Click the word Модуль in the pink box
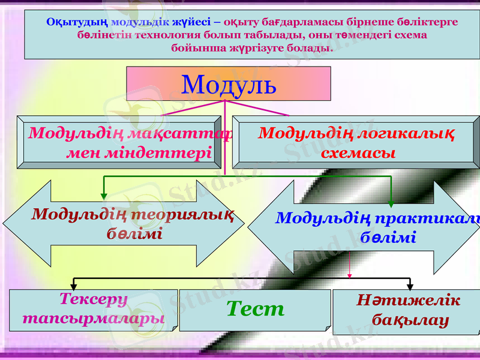(x=229, y=85)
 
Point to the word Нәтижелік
(x=408, y=301)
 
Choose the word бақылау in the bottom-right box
(x=410, y=320)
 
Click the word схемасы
(x=358, y=153)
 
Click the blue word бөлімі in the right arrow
(x=388, y=237)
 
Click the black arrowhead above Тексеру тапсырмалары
(x=74, y=286)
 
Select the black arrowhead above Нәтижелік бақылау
(x=410, y=286)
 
